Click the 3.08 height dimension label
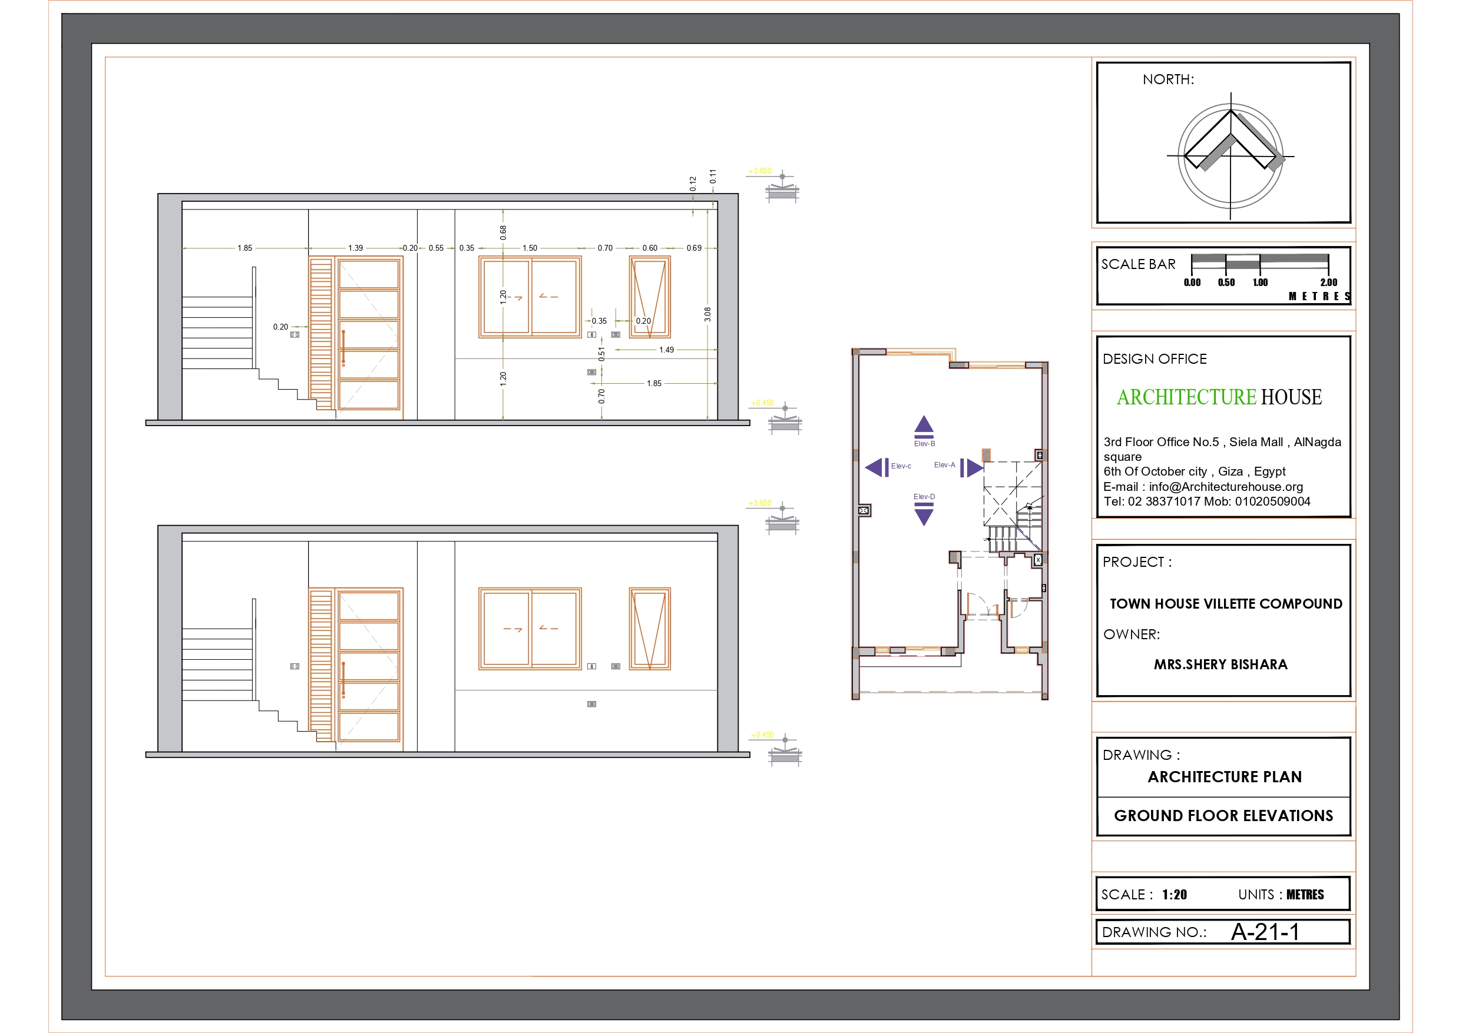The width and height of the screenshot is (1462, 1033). [x=707, y=314]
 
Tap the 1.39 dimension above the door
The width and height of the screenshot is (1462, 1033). [x=355, y=248]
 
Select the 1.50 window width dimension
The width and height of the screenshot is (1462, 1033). [x=530, y=248]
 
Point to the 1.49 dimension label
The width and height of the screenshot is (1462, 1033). [x=667, y=350]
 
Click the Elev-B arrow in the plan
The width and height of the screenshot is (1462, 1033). [x=924, y=424]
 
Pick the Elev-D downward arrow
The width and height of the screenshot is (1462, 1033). [x=924, y=516]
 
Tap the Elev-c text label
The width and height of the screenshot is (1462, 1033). [x=901, y=467]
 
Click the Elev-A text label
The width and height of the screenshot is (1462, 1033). [x=944, y=465]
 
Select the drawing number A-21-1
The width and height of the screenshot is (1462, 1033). [x=1265, y=932]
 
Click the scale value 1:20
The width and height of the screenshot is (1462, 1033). [x=1174, y=895]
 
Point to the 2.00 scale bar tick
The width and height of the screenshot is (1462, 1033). [x=1328, y=283]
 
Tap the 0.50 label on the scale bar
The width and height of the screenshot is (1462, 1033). [x=1226, y=283]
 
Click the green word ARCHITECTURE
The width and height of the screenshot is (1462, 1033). [x=1186, y=397]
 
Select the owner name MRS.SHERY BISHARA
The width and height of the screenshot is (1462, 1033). [x=1220, y=665]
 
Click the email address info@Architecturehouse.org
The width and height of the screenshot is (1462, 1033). [x=1226, y=487]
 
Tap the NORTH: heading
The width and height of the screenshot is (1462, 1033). [x=1168, y=79]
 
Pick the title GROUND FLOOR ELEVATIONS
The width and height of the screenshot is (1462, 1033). [x=1223, y=816]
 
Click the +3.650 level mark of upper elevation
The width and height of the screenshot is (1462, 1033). [x=760, y=171]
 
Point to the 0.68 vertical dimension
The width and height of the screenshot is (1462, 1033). [x=503, y=233]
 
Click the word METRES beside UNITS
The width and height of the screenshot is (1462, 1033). [x=1305, y=895]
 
